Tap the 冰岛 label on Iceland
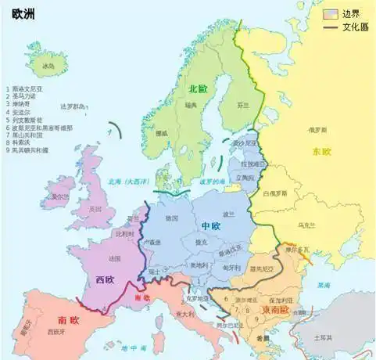coord(48,66)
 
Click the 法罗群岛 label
coord(74,106)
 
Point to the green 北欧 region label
coord(198,89)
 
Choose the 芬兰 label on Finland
coord(243,104)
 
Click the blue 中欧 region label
coord(211,226)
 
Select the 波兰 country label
coord(228,213)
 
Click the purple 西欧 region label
coord(105,278)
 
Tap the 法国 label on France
coord(114,257)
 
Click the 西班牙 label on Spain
coord(55,333)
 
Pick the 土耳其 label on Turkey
coord(322,337)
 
